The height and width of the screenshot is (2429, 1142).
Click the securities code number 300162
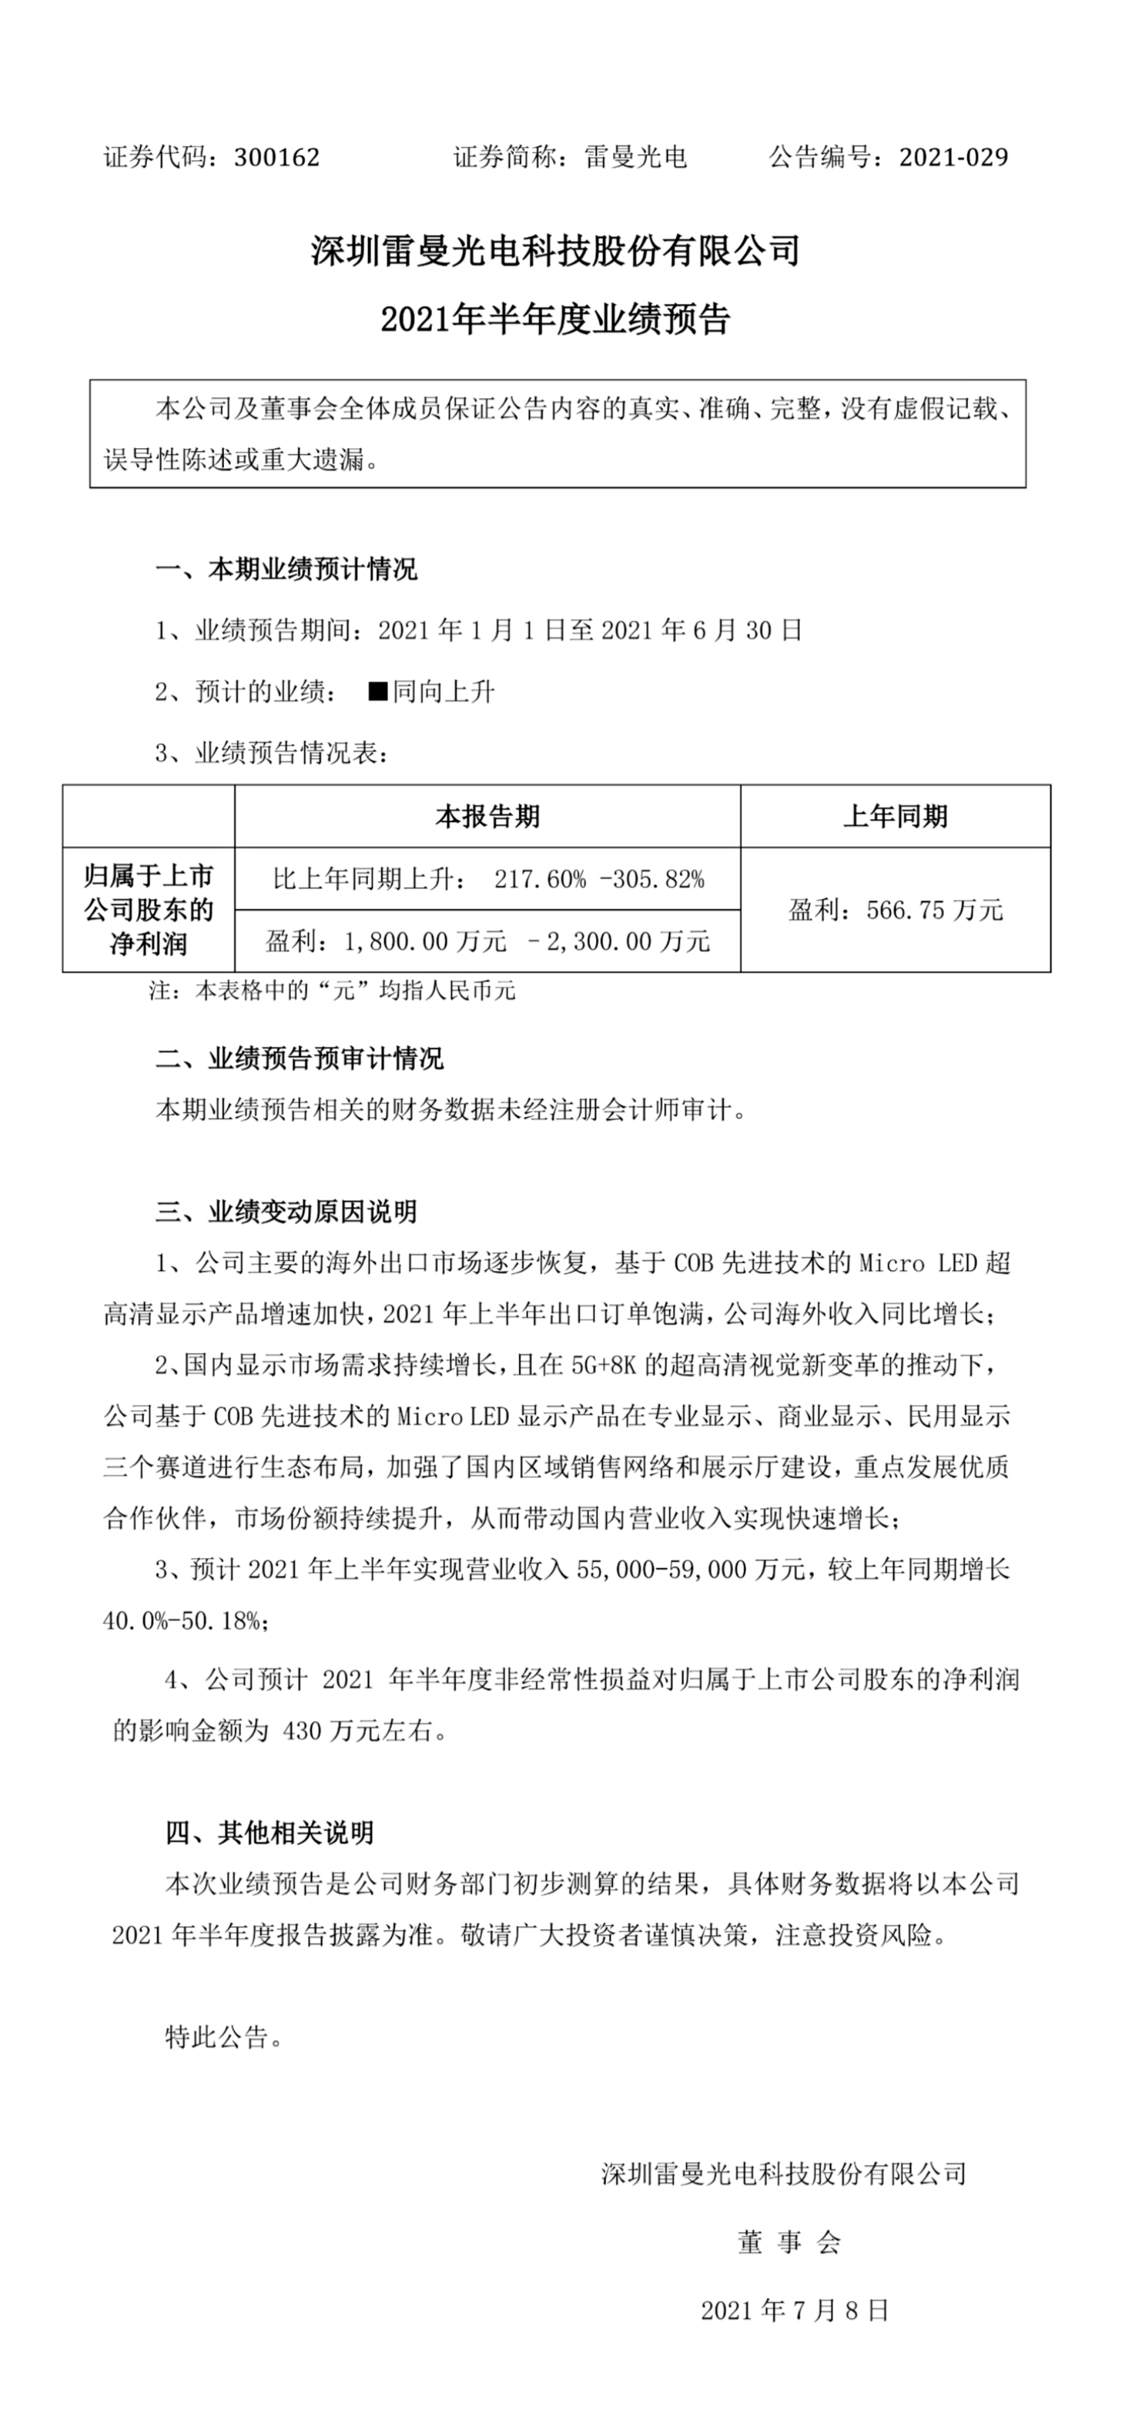click(x=276, y=157)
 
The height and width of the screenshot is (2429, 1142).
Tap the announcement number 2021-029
click(x=953, y=157)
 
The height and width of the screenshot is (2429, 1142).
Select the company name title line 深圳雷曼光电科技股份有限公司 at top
click(x=555, y=251)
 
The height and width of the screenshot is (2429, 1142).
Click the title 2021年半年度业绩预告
click(x=555, y=320)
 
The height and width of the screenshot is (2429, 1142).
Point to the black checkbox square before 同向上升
click(x=377, y=691)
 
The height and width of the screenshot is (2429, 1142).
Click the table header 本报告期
click(x=487, y=815)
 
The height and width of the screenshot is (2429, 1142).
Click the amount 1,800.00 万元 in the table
click(x=425, y=941)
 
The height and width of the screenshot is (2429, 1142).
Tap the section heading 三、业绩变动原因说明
click(x=285, y=1212)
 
